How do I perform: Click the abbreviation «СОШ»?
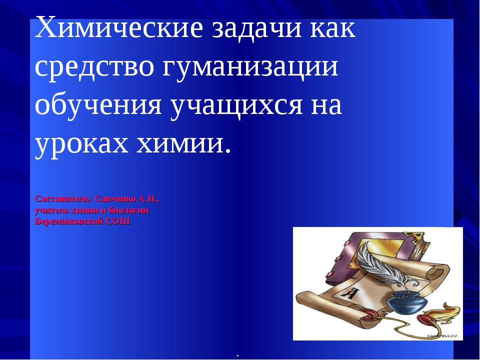(118, 221)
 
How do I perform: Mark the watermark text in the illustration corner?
(442, 335)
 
